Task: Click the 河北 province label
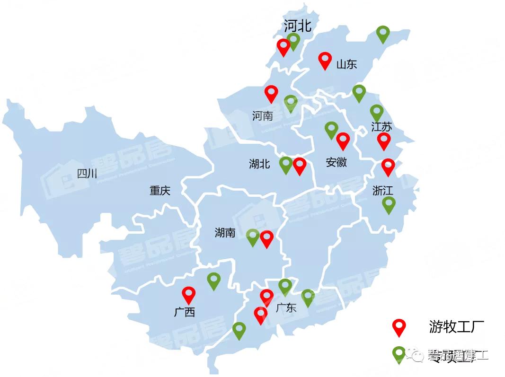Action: [x=297, y=26]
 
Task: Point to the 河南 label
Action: [x=262, y=115]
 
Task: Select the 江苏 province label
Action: [x=381, y=127]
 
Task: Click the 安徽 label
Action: [x=336, y=162]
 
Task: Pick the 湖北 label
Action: [x=259, y=164]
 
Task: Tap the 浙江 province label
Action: [x=382, y=190]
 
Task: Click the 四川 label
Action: [x=87, y=174]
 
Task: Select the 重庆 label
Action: [x=159, y=191]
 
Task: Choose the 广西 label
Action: [x=184, y=312]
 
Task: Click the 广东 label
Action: [x=285, y=308]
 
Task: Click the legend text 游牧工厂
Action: [x=456, y=326]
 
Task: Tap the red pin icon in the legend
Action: [x=400, y=327]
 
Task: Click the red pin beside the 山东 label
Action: [x=325, y=60]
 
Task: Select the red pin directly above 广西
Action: [x=189, y=294]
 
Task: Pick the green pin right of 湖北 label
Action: [x=286, y=164]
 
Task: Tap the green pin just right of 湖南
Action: [x=253, y=237]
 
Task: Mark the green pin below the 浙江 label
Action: [x=389, y=204]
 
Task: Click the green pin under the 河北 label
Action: [x=293, y=41]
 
